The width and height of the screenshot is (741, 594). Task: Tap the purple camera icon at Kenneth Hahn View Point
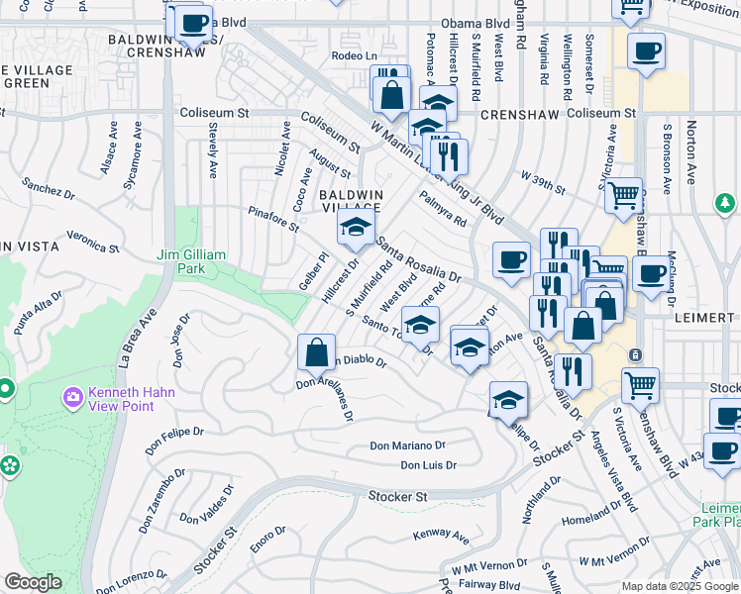coord(72,398)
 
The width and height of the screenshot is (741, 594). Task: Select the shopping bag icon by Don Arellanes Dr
coord(316,351)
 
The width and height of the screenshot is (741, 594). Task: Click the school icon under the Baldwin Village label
coord(356,228)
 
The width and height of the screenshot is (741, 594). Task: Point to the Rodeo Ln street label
coord(355,56)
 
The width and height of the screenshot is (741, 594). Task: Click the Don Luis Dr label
coord(428,464)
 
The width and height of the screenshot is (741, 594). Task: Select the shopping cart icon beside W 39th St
coord(624,196)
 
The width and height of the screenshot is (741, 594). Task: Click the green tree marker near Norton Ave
coord(726,204)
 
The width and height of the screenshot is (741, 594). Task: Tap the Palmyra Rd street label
coord(443,210)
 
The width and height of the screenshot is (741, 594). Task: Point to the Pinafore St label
coord(273,219)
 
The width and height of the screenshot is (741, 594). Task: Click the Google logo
coord(33,582)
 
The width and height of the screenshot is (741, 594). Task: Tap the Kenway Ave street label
coord(442,536)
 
